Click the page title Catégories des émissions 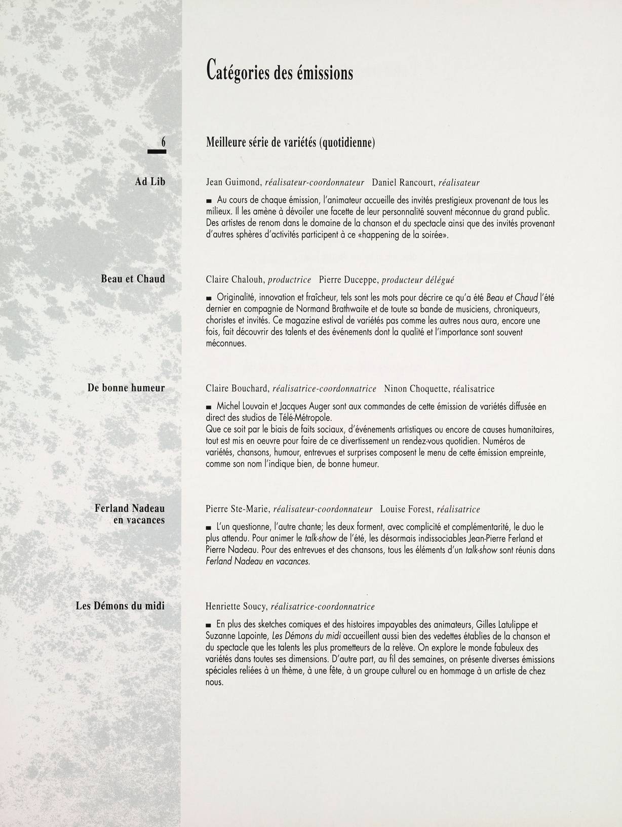[279, 71]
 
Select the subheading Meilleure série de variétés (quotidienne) [290, 143]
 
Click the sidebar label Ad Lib [150, 182]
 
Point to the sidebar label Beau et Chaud [133, 279]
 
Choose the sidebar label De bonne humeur [126, 388]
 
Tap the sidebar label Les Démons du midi [120, 605]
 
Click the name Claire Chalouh [235, 279]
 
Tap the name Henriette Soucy [236, 606]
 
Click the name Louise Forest [406, 509]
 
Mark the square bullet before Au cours [209, 202]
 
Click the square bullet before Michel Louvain [209, 407]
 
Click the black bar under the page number [157, 150]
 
